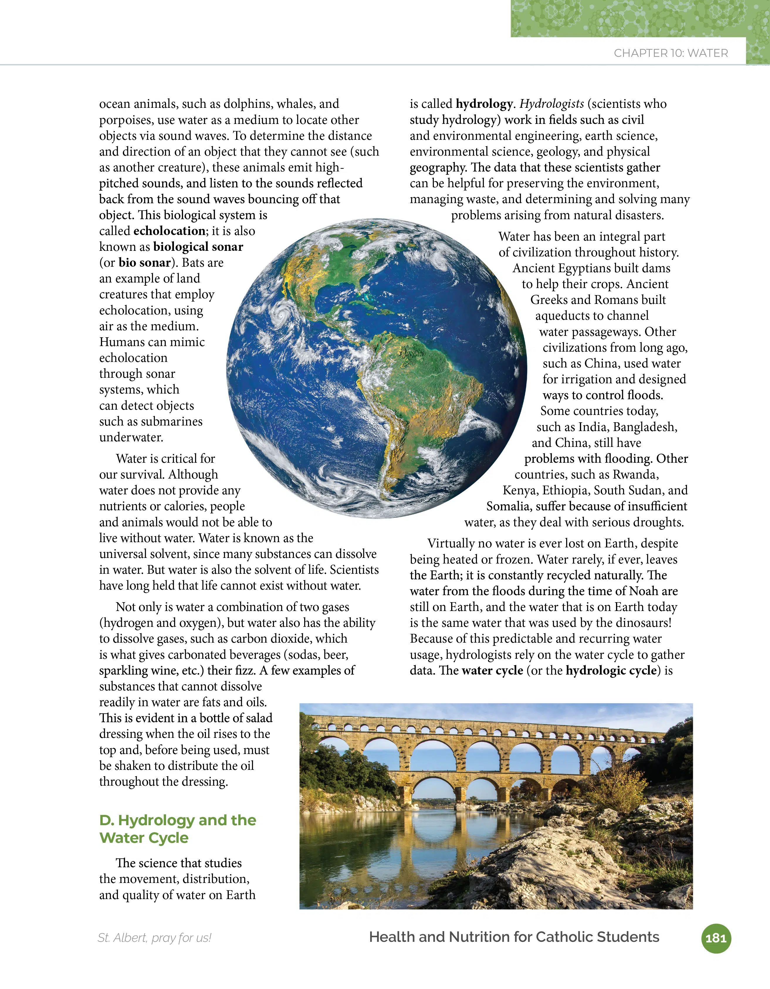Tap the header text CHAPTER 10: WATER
(x=671, y=53)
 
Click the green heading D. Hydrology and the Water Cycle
(x=178, y=829)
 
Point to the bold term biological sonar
(x=198, y=247)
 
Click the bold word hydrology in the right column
(x=484, y=104)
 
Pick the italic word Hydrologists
(x=551, y=104)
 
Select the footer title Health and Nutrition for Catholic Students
(x=514, y=937)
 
